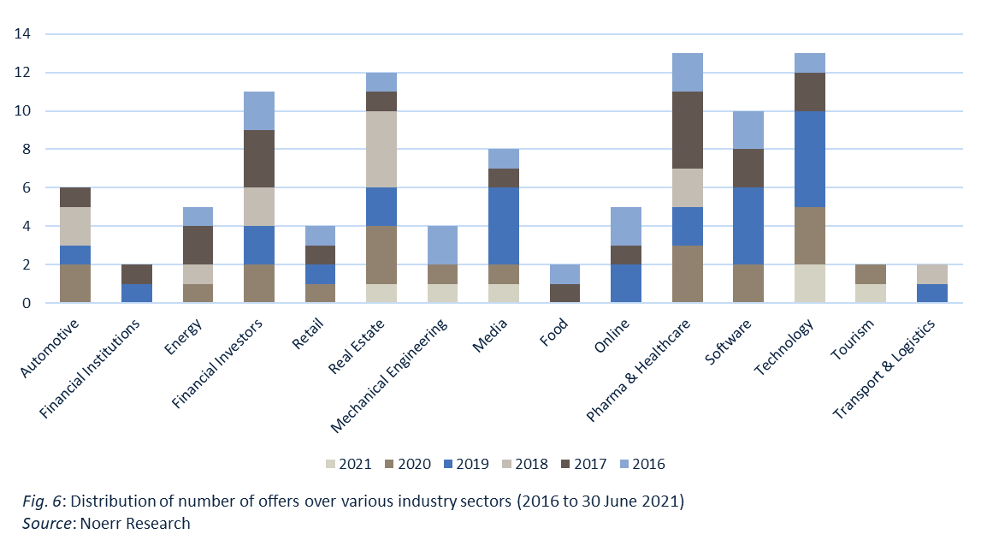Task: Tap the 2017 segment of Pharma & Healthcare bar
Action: (x=687, y=130)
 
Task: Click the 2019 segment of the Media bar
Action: (x=503, y=226)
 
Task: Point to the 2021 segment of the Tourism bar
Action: (x=870, y=293)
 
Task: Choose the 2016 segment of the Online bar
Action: (x=625, y=226)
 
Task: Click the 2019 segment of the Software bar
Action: (x=748, y=226)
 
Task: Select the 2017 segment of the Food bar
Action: (x=564, y=293)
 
